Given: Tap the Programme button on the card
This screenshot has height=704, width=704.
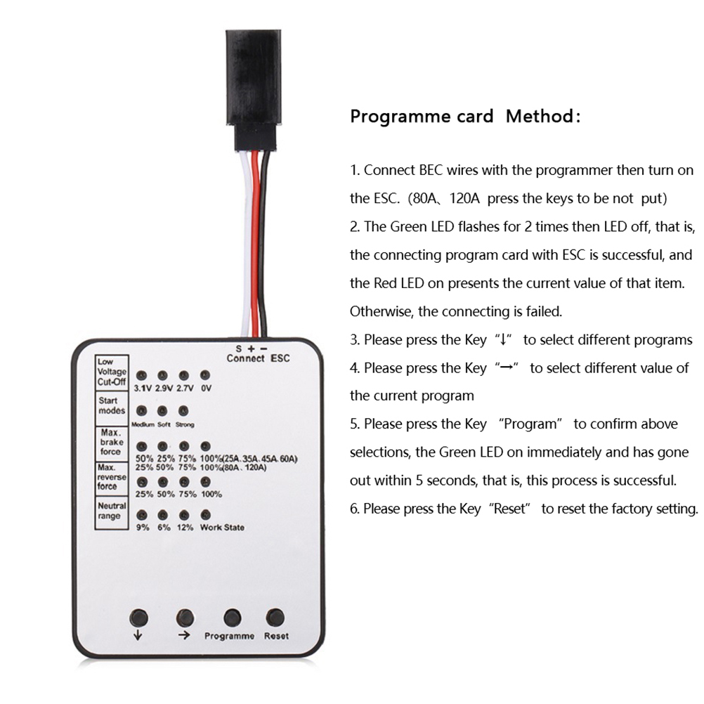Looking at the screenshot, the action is click(232, 618).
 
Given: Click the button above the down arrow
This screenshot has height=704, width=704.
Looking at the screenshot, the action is click(138, 618).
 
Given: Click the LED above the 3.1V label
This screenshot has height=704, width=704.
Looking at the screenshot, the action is click(141, 376).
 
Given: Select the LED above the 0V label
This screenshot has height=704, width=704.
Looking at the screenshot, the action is click(205, 375).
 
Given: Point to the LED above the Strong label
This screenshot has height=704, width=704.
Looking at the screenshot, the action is click(183, 411).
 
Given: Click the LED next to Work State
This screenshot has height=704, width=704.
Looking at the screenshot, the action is click(206, 514).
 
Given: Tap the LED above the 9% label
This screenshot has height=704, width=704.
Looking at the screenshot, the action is click(142, 515).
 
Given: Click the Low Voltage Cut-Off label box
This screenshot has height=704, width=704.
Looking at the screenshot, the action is click(112, 372).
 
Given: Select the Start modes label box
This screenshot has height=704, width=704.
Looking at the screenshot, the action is click(112, 408).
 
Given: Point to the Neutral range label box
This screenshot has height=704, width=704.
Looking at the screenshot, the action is click(112, 513).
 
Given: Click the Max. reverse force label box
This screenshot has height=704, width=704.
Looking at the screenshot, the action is click(112, 478).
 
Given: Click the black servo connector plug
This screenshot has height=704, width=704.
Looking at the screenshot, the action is click(254, 77).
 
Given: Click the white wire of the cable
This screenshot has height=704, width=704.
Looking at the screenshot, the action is click(245, 242).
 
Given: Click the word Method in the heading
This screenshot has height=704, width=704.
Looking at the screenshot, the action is click(539, 117).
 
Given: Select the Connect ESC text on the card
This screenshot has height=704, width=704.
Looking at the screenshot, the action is click(258, 358).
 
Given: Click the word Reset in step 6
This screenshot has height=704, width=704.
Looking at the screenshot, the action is click(509, 509).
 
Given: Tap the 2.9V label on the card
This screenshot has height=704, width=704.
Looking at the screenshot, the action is click(164, 389).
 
